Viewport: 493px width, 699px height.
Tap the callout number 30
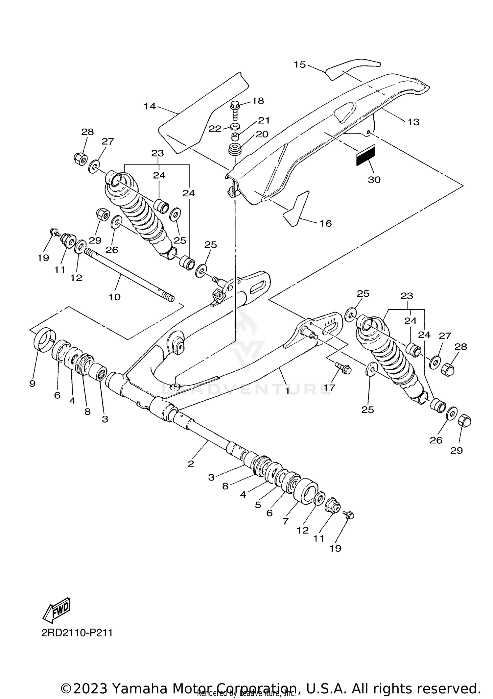pos(374,180)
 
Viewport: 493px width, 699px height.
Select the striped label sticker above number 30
pos(365,155)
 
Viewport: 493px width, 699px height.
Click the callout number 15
pos(299,65)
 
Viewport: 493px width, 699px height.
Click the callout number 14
pos(150,106)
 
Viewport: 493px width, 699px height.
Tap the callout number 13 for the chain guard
pos(413,122)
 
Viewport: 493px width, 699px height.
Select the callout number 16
pos(326,224)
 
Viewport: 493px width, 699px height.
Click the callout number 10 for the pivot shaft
pos(114,297)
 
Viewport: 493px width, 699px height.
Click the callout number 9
pos(32,384)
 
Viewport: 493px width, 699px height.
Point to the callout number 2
pos(191,464)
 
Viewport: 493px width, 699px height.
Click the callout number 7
pos(285,521)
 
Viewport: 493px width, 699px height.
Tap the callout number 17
pos(329,388)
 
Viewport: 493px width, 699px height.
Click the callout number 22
pos(215,129)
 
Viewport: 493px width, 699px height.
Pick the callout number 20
pos(263,134)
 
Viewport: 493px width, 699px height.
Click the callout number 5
pos(258,505)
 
